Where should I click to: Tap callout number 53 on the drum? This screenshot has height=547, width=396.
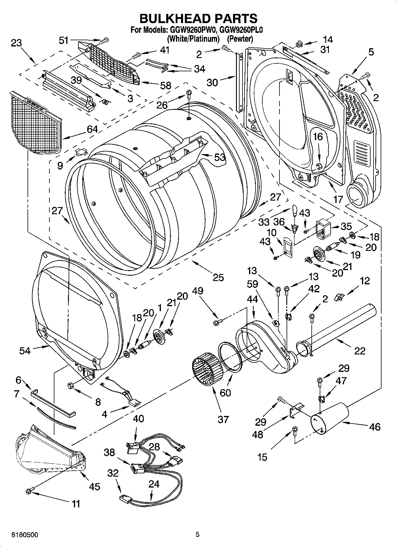click(x=219, y=157)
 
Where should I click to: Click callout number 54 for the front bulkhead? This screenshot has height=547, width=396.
click(x=25, y=351)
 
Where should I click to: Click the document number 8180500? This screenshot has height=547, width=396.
click(x=25, y=535)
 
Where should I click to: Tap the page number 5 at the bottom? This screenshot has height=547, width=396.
click(x=198, y=534)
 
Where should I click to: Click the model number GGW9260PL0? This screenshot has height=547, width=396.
click(x=241, y=30)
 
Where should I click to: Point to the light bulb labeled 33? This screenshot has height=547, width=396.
click(x=294, y=210)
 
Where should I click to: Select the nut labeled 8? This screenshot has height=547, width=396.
click(x=71, y=385)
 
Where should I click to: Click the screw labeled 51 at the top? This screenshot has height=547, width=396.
click(x=105, y=40)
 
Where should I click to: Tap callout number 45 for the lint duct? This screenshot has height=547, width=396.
click(x=95, y=486)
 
